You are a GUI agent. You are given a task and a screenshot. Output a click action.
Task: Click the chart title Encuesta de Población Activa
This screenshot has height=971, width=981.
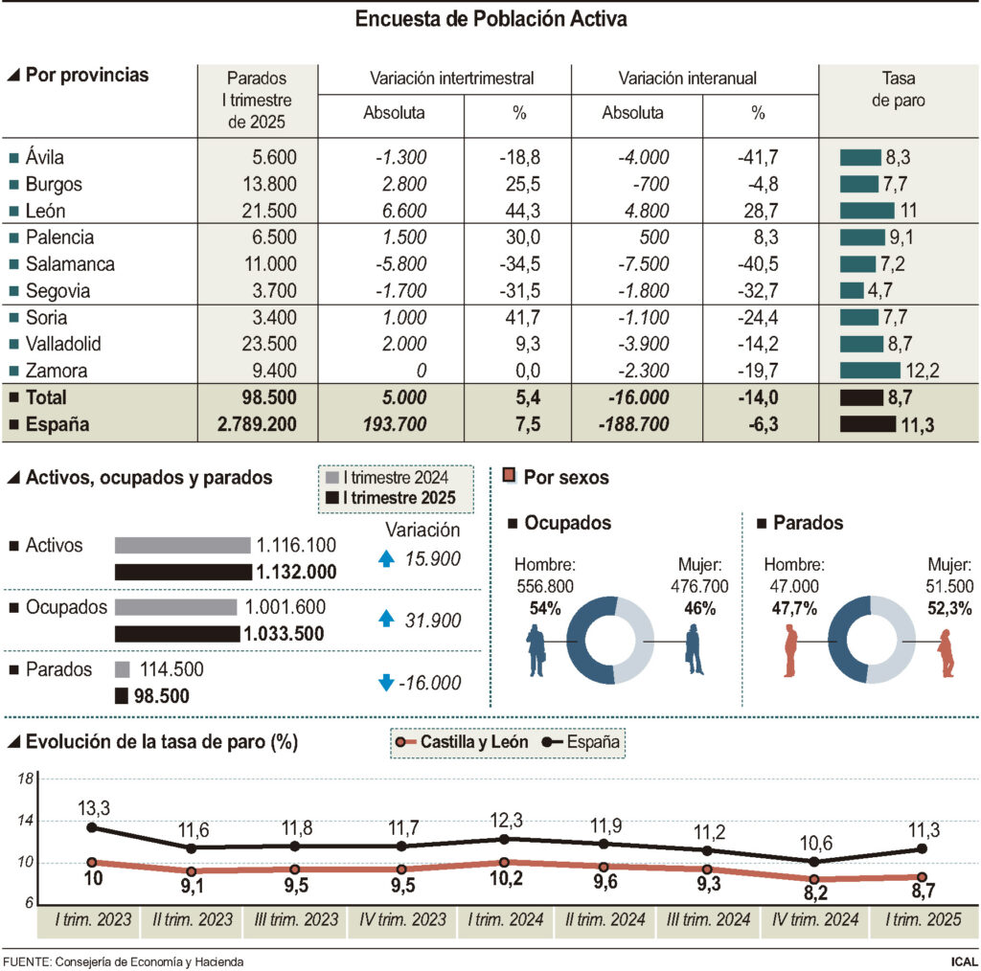490,19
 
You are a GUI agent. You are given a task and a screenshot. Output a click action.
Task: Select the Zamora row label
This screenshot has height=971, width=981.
57,371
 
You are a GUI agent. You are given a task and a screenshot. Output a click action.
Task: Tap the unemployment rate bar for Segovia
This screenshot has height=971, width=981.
852,290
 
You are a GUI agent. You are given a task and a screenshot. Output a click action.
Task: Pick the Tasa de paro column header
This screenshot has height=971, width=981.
898,89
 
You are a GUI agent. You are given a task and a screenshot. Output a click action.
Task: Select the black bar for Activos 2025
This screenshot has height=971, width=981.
182,572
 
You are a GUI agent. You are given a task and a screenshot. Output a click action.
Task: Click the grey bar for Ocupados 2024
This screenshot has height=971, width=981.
175,607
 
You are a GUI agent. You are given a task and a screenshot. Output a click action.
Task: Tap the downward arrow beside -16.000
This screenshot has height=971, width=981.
387,683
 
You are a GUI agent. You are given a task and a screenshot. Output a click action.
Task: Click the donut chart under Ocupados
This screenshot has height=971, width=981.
609,640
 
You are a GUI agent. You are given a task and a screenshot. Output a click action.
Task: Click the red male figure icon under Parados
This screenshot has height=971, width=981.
791,651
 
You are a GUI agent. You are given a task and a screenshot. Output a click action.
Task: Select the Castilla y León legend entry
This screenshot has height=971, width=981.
461,741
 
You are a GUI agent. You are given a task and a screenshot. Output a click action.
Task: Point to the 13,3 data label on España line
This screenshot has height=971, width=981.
93,809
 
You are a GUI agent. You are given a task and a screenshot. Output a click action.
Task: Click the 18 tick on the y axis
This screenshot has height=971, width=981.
26,779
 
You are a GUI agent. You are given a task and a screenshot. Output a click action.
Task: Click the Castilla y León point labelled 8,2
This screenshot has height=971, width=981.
815,879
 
